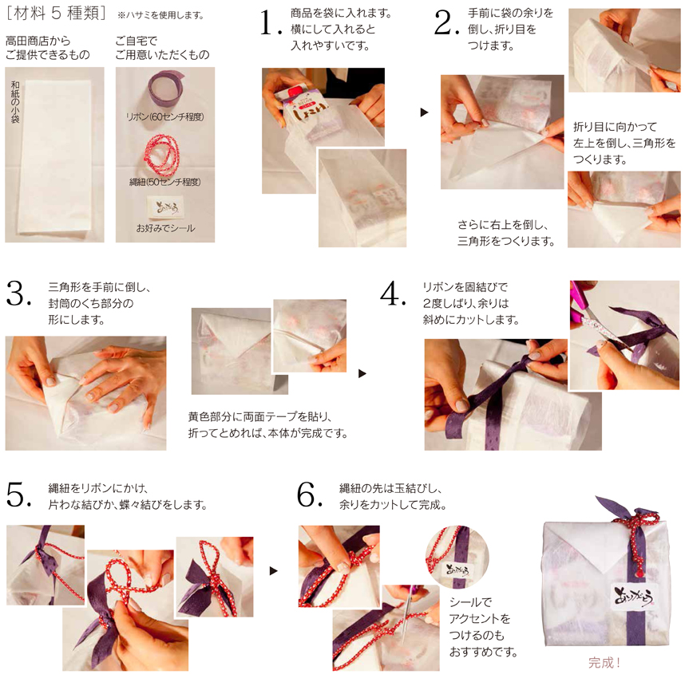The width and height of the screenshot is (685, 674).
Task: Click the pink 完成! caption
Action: tap(604, 663)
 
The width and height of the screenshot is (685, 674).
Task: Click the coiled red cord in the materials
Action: tap(162, 154)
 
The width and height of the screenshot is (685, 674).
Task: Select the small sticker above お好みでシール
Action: tap(165, 208)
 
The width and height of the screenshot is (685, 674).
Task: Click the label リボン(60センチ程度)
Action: tap(164, 117)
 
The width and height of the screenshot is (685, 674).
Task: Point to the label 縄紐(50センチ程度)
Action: tap(165, 182)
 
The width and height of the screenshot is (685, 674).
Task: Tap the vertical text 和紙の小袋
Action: tap(15, 102)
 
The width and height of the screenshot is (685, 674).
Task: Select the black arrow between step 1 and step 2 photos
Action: tap(424, 112)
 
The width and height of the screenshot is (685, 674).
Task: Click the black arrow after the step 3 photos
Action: tap(362, 373)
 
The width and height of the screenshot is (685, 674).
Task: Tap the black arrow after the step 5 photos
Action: tap(274, 571)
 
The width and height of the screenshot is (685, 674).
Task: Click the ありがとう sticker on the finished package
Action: tap(633, 594)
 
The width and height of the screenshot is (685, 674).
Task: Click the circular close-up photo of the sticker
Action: tap(457, 558)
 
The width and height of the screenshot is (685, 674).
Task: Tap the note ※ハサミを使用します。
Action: tap(160, 15)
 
